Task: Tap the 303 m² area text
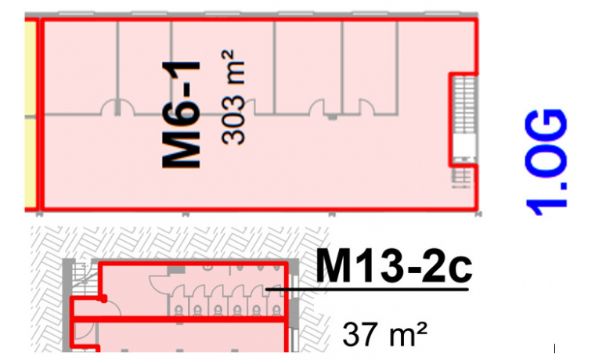click(x=233, y=98)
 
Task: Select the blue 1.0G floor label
click(x=546, y=162)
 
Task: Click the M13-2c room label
click(x=394, y=266)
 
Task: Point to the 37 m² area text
click(x=384, y=334)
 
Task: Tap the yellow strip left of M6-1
click(x=31, y=113)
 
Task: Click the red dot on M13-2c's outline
click(x=103, y=298)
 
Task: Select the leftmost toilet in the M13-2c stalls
click(x=178, y=311)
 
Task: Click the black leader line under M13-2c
click(x=367, y=290)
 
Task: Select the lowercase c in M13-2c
click(x=460, y=271)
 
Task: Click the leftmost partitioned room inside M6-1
click(x=80, y=67)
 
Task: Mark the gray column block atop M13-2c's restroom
click(x=176, y=269)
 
